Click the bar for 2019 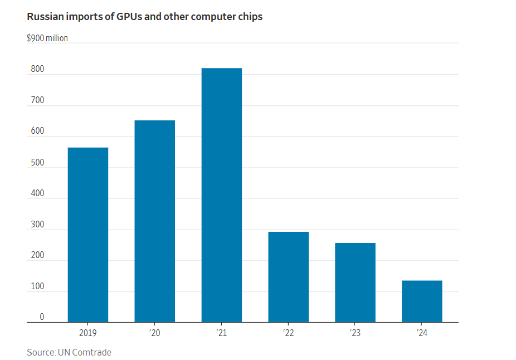[x=88, y=235]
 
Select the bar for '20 [x=155, y=221]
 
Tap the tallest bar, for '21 [x=222, y=195]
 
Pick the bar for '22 [x=289, y=277]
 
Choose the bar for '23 [x=356, y=283]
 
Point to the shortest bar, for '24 [x=422, y=301]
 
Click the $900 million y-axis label [x=47, y=38]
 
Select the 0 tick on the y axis [x=41, y=317]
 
